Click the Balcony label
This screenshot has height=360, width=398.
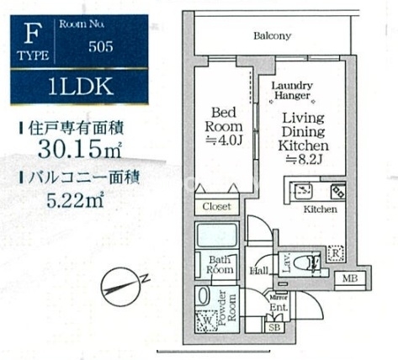272,36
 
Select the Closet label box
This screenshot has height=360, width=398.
215,206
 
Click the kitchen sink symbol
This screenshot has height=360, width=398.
303,190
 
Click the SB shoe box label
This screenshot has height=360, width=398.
274,326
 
